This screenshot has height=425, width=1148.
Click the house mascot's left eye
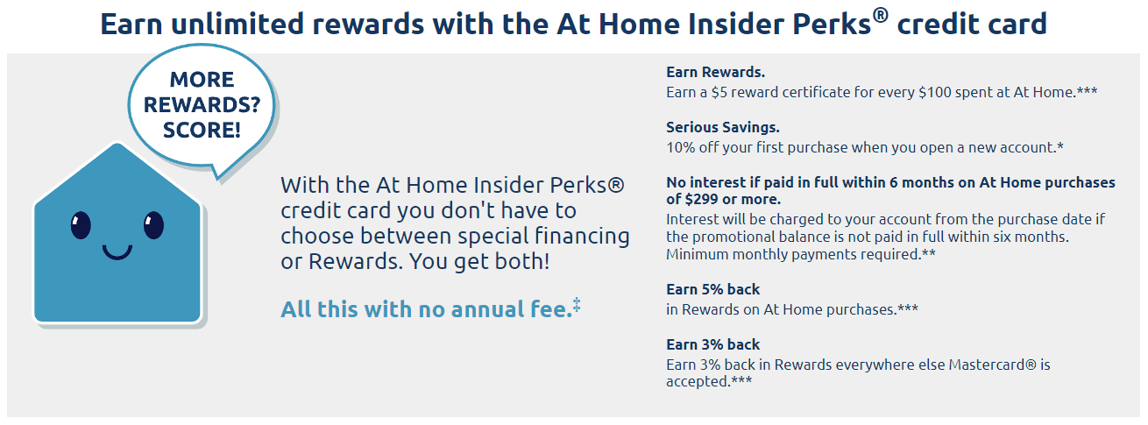(x=81, y=225)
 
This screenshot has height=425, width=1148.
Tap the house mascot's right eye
(x=153, y=225)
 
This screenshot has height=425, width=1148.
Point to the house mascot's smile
(x=117, y=251)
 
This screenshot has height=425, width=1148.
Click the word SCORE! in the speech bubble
(x=202, y=130)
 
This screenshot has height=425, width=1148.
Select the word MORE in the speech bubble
(x=202, y=80)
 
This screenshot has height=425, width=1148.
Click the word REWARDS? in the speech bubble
(x=202, y=104)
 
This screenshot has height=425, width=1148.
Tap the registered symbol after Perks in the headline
(x=881, y=16)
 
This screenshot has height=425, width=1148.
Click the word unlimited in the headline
(x=237, y=24)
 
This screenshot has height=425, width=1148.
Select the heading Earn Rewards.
(x=715, y=72)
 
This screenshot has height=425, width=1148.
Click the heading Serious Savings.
(x=723, y=127)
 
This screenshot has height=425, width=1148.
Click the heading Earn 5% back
(x=712, y=289)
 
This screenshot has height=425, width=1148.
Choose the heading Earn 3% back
(x=712, y=344)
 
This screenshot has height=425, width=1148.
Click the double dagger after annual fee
(x=577, y=304)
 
